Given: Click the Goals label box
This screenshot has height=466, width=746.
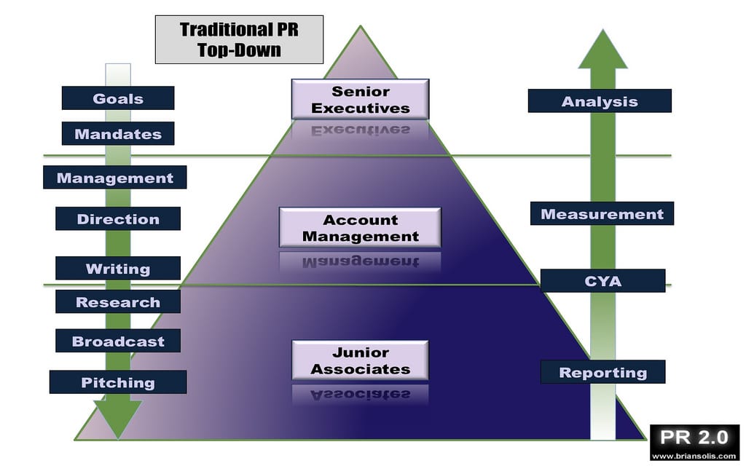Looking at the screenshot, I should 118,98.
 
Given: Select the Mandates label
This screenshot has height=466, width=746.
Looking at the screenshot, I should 118,134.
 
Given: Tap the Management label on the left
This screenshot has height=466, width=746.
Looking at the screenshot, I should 115,178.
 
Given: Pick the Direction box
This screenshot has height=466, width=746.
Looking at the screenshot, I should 118,218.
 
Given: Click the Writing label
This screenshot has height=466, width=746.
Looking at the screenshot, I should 118,269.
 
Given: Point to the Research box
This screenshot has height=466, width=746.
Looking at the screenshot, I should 118,302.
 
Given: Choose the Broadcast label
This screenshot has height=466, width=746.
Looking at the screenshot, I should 118,341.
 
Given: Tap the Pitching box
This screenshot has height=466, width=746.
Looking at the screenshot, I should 118,382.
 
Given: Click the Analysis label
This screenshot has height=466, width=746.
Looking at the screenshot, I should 600,101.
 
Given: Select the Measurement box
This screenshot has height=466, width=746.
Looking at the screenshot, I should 602,214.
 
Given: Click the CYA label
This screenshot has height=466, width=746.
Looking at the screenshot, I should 603,281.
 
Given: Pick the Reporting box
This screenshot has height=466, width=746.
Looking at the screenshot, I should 603,372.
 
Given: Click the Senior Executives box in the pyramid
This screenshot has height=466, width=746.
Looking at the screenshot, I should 361,100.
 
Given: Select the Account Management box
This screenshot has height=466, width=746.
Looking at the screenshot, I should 361,228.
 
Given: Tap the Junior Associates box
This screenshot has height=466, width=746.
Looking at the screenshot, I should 361,360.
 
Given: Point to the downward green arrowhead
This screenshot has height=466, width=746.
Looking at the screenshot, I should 117,419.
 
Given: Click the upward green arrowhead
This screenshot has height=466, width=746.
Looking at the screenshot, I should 602,50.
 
